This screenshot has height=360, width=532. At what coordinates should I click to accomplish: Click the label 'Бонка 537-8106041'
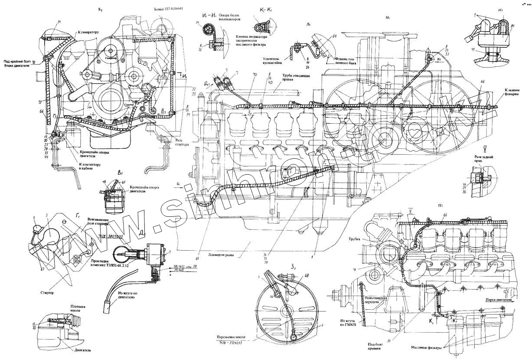click(x=171, y=9)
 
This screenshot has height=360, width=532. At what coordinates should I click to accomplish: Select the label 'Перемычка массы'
click(x=229, y=336)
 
